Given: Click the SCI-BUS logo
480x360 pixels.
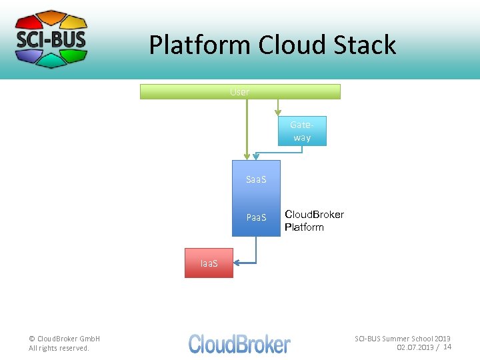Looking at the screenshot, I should click(x=51, y=39).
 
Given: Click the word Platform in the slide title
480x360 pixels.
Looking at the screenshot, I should click(x=200, y=45).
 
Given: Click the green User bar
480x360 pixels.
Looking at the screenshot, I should click(x=240, y=92).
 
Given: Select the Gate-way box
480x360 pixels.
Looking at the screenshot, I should click(x=302, y=131).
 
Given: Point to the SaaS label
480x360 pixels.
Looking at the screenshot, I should click(x=256, y=179).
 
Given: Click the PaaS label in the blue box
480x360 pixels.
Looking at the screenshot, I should click(x=256, y=217).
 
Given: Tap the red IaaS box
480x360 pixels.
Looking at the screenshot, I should click(x=209, y=263).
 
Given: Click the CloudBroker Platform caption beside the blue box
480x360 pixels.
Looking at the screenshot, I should click(x=314, y=221).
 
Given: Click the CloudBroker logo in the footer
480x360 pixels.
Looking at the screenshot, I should click(x=239, y=343).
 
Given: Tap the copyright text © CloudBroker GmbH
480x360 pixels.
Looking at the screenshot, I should click(x=64, y=339).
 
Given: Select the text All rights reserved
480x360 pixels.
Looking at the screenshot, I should click(x=59, y=348).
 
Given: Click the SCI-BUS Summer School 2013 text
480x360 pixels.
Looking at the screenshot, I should click(x=402, y=339).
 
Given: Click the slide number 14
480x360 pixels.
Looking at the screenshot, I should click(x=447, y=347).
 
